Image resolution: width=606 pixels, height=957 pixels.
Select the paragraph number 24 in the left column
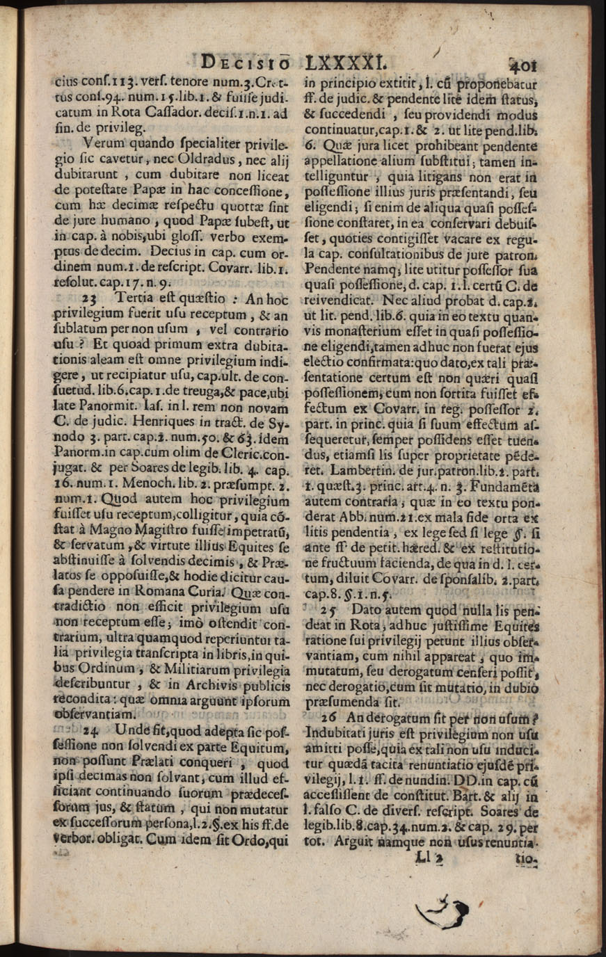pyautogui.click(x=90, y=731)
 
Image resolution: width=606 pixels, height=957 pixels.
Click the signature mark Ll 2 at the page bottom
pyautogui.click(x=429, y=859)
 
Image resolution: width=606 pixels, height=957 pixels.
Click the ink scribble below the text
pyautogui.click(x=441, y=908)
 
